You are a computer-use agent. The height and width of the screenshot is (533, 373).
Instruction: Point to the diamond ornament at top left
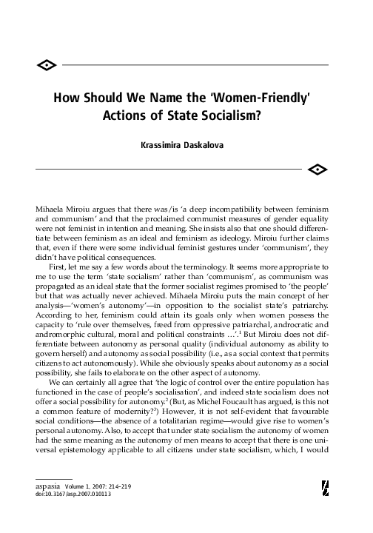coord(46,66)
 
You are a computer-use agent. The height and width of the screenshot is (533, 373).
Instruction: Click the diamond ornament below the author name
coord(315,170)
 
